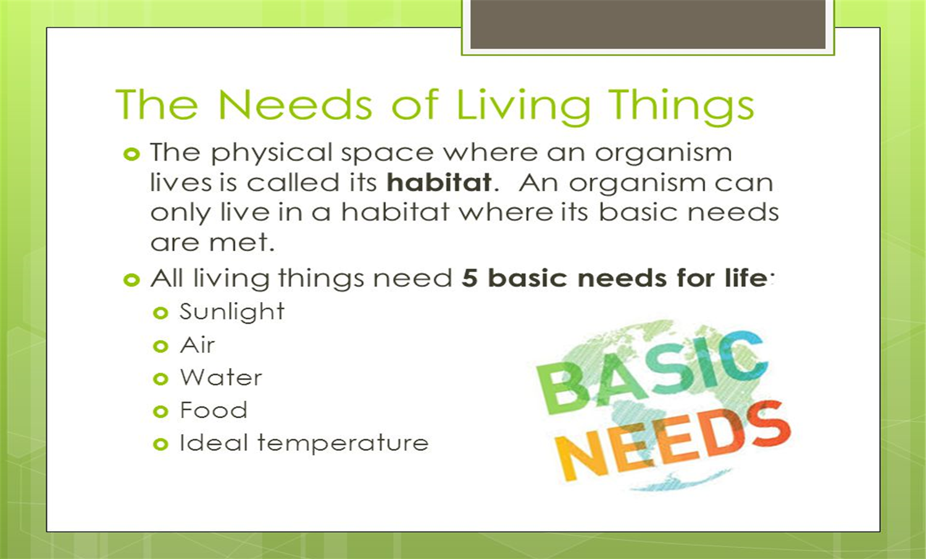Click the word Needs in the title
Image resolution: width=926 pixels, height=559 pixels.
pos(295,104)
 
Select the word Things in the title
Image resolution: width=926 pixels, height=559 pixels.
pos(681,106)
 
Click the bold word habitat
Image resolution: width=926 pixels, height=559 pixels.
pos(439,183)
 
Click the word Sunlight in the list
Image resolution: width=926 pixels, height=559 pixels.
pos(232,312)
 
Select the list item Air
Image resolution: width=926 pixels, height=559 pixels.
pos(198,345)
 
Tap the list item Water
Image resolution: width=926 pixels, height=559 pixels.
pos(221,377)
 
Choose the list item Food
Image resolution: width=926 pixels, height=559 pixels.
pos(214,410)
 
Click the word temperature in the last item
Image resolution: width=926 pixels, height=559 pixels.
pos(343,443)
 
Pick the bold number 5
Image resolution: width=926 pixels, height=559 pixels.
pos(470,278)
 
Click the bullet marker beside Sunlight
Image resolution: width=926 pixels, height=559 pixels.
pos(161,313)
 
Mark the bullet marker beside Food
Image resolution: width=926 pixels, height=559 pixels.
pos(161,411)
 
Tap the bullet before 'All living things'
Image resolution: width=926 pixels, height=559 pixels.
pos(131,280)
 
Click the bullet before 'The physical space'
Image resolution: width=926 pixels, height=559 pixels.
pos(131,154)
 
